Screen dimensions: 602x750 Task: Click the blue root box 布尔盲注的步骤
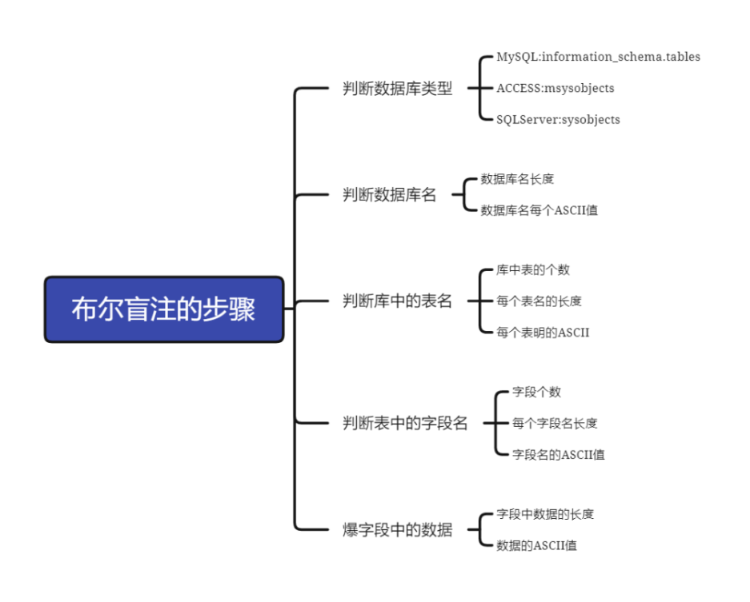[164, 309]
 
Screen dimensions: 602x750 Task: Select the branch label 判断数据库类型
[397, 89]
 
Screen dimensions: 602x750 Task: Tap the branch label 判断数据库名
[389, 194]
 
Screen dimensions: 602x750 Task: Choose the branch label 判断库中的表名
[397, 301]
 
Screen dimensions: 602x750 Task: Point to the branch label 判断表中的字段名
[405, 424]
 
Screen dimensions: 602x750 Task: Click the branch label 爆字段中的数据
[397, 529]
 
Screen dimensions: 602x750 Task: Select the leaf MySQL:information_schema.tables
[598, 57]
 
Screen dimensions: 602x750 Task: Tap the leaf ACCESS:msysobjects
[555, 88]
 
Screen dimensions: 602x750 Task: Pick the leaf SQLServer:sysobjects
[558, 120]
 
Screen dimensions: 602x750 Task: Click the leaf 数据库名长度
[517, 179]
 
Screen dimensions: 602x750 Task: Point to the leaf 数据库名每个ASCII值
[539, 210]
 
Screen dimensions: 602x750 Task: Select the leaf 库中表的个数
[532, 270]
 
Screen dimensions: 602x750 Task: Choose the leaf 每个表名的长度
[539, 301]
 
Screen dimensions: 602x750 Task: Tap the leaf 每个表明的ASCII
[543, 332]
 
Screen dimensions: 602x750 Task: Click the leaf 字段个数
[536, 392]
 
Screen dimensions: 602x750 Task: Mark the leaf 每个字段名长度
[555, 423]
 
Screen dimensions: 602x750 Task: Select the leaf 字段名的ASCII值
[558, 454]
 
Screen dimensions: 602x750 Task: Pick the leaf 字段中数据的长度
[545, 514]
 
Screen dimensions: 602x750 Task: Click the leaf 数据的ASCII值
[536, 545]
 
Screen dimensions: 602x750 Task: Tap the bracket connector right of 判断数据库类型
[478, 88]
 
